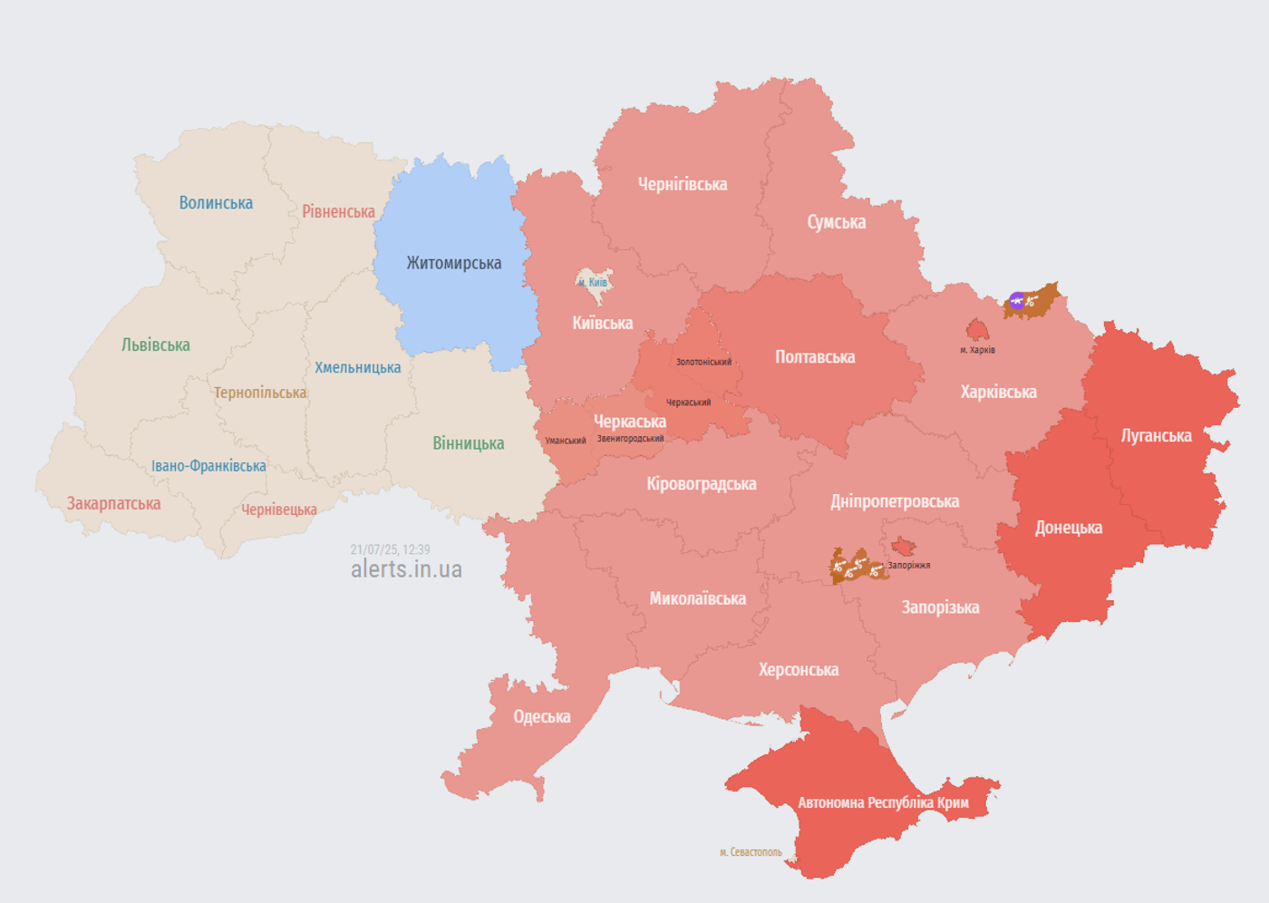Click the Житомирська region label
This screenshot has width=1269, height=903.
[x=453, y=264]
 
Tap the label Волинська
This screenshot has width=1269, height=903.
[x=216, y=203]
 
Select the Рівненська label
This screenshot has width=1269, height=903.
[x=338, y=212]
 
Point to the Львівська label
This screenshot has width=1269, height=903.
[x=156, y=345]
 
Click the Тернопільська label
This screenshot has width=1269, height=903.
[x=260, y=393]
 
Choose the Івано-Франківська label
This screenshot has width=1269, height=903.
[x=208, y=466]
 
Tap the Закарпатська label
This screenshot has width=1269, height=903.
[x=113, y=504]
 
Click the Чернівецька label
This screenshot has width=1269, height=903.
[x=279, y=510]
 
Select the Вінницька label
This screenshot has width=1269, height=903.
[x=468, y=444]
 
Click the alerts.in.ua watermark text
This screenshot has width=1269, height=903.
[x=406, y=569]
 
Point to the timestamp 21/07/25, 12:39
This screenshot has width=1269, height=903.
[x=390, y=549]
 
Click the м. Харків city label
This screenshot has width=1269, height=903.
[x=977, y=350]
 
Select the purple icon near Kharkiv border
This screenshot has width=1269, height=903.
[x=1017, y=301]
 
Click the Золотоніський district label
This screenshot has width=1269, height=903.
[x=703, y=363]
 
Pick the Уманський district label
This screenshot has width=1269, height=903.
[x=566, y=442]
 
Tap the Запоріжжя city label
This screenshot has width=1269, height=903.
[x=908, y=566]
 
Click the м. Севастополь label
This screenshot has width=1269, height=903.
[x=751, y=852]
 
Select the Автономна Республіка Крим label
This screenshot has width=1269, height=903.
[x=883, y=803]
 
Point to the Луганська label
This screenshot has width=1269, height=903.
[x=1156, y=436]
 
